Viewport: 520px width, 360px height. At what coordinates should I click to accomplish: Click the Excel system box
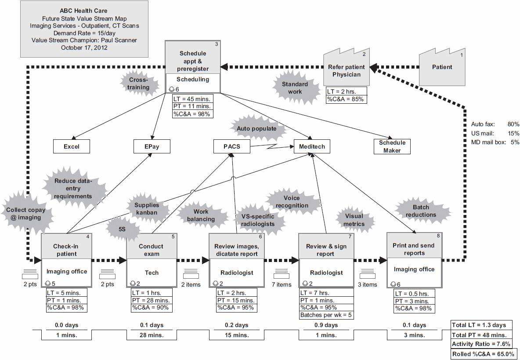72,146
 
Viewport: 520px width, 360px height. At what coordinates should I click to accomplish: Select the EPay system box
152,146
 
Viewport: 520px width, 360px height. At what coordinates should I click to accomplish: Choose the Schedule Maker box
392,146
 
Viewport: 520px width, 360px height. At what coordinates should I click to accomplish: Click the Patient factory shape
442,67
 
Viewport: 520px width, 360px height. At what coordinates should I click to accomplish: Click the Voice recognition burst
295,202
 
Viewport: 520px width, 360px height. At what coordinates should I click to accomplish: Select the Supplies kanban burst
147,208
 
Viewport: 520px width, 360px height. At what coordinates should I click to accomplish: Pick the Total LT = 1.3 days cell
481,325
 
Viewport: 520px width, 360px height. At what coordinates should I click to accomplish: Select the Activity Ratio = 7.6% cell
481,344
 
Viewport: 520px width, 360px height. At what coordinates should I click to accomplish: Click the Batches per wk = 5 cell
326,315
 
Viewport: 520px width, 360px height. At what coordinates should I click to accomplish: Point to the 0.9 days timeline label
326,325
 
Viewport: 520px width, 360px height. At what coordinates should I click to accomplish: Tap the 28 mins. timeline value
152,335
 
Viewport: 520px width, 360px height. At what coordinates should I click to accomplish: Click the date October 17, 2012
84,47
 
